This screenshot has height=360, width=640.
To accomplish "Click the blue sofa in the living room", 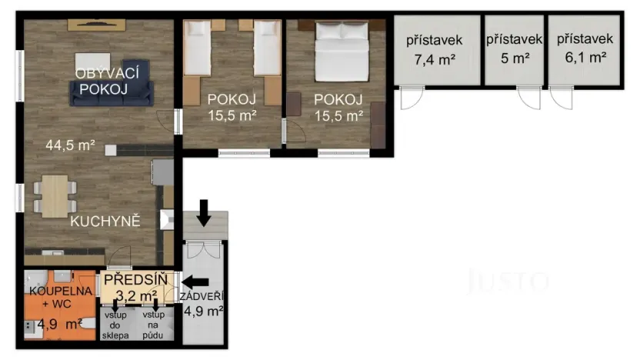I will tap(113, 92).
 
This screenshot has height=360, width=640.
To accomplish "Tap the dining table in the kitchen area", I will tap(55, 196).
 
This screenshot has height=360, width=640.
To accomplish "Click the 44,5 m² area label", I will tap(70, 144).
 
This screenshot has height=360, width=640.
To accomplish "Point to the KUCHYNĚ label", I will tap(105, 222).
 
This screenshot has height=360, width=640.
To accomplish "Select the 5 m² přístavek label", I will tap(515, 48).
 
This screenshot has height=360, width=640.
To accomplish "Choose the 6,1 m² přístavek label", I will tap(585, 48).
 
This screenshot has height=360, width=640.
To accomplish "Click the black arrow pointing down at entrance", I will tap(204, 212).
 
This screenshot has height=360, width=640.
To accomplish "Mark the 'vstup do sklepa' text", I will tap(116, 325).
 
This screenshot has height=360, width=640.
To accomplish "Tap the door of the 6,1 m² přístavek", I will tap(562, 98).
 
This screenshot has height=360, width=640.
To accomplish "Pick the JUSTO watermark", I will tap(508, 282).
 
